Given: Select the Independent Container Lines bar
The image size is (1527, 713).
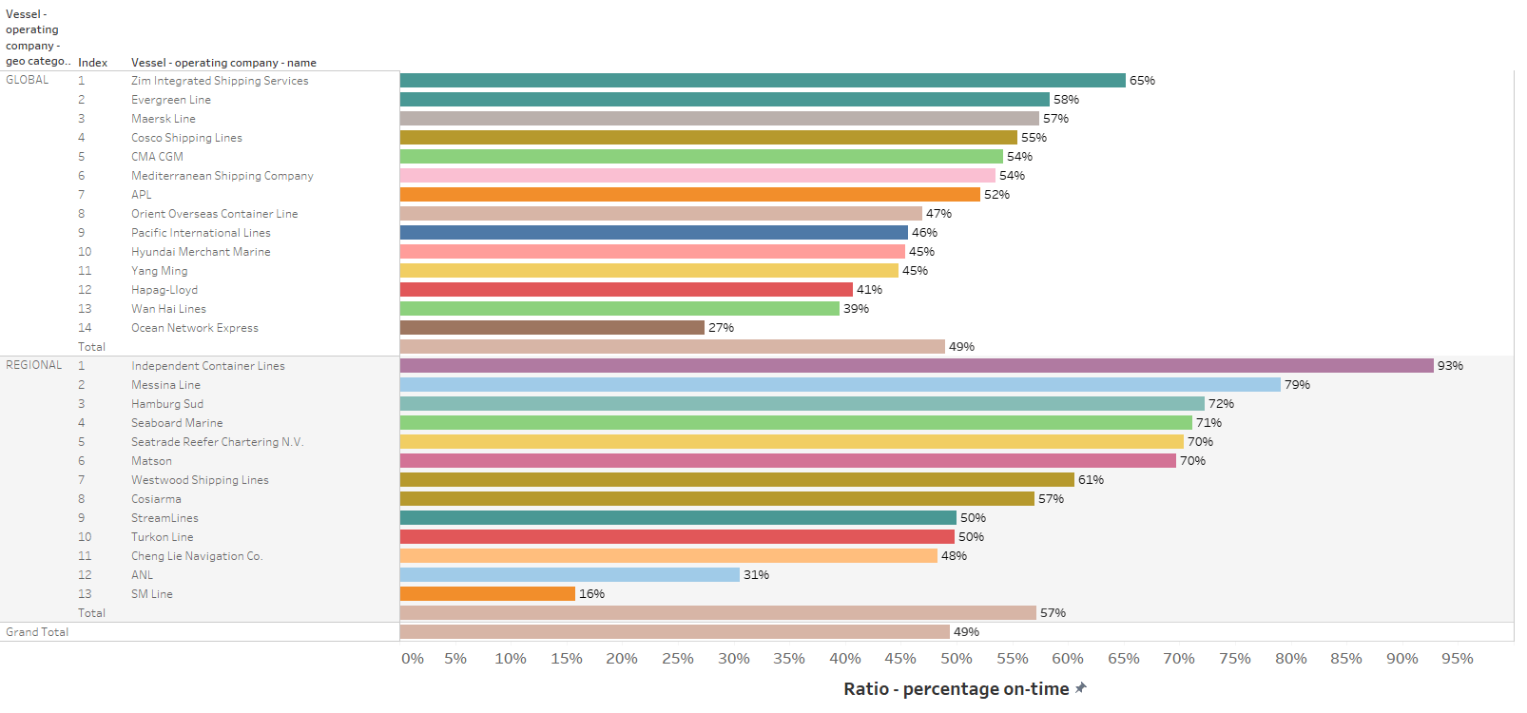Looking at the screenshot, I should (917, 366).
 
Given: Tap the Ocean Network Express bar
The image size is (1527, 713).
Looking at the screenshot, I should (552, 328).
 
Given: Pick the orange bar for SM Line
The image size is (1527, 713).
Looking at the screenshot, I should (488, 594).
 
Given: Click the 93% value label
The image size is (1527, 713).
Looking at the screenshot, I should (1450, 366).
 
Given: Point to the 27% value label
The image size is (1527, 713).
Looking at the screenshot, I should (721, 328).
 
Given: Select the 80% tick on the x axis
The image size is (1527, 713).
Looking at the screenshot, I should (1290, 659).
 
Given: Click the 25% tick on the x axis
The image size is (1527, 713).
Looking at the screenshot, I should (677, 659).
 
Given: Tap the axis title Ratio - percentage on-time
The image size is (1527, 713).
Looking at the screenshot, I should (956, 689).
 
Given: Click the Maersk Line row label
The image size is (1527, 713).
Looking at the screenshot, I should (164, 119).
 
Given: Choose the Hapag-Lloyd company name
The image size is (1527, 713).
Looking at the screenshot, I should (164, 290).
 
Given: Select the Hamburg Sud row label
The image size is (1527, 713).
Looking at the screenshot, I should (167, 404).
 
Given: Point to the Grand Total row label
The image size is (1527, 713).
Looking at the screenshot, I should (37, 632).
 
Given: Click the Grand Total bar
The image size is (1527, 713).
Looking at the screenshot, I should (675, 632).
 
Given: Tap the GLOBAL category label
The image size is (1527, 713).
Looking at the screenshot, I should (28, 80).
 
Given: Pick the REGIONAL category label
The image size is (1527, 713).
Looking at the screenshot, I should (34, 365).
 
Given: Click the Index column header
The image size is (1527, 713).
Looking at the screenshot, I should (92, 63).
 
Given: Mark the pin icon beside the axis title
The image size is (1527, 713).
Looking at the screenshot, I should (1080, 688).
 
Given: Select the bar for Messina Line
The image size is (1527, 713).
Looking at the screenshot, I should (841, 385).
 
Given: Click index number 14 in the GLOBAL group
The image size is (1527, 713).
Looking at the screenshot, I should (85, 328).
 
